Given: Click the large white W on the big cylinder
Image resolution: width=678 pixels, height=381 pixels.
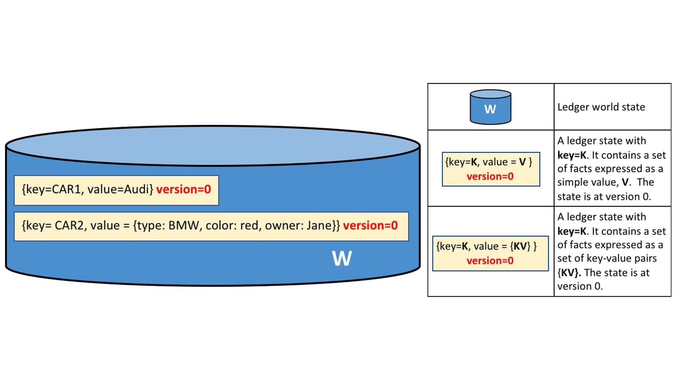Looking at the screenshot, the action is click(x=342, y=258).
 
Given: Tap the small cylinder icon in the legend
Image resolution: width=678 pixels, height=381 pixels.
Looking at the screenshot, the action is click(x=490, y=107).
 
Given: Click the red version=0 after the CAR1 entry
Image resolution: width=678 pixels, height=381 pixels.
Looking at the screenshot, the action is click(x=183, y=189).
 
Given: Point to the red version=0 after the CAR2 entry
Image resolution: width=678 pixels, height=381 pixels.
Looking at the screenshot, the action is click(x=370, y=226).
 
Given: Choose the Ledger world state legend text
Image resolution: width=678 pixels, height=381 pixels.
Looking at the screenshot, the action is click(x=601, y=107).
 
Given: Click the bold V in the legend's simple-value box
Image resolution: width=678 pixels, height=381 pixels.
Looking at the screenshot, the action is click(x=522, y=162).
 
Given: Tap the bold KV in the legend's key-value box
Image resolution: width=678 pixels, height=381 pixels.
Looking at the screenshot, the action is click(x=520, y=246).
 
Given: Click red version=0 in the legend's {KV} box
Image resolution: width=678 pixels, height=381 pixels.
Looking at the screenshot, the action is click(x=490, y=261).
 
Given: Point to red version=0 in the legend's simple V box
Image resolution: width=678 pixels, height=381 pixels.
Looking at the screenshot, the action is click(x=490, y=176).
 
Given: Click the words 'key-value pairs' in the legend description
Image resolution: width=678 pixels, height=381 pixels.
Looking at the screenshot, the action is click(x=622, y=259).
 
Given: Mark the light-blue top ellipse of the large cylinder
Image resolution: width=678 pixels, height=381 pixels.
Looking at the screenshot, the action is click(x=213, y=146).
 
